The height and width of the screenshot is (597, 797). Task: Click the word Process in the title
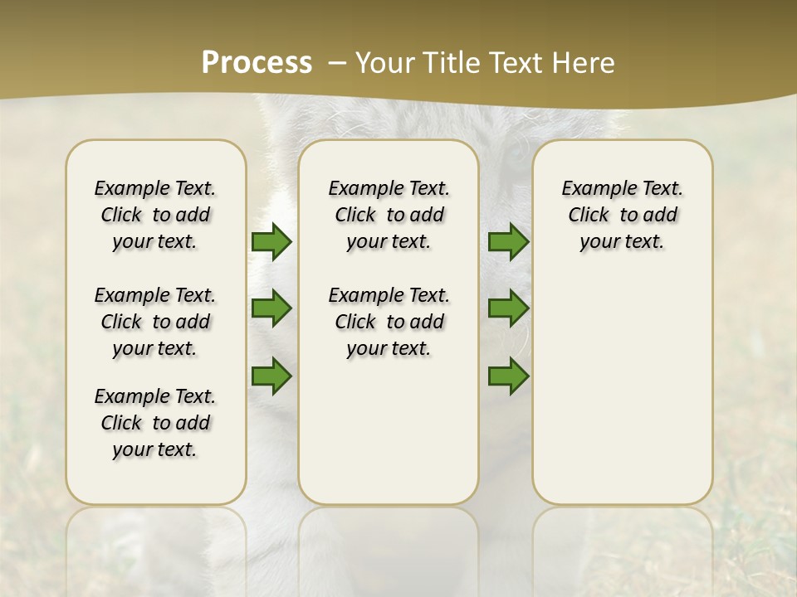point(257,63)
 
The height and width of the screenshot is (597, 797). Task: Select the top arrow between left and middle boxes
point(271,241)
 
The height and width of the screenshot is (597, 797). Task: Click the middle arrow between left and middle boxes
point(271,308)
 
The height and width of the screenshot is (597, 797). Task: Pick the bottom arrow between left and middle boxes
point(271,376)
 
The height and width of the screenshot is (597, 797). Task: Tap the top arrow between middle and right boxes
point(508,241)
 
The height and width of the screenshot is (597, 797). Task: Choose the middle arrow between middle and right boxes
point(508,308)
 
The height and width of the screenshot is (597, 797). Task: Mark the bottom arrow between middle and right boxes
point(508,376)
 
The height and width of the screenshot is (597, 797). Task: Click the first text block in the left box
point(155,215)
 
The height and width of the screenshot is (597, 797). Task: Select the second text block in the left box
point(155,322)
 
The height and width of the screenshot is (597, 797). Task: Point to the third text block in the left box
point(155,423)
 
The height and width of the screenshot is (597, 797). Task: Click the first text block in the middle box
point(389,215)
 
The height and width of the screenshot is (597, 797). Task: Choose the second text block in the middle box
point(389,322)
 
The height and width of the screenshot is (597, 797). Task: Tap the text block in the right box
point(622,215)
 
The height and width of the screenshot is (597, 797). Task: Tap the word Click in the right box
point(589,216)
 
